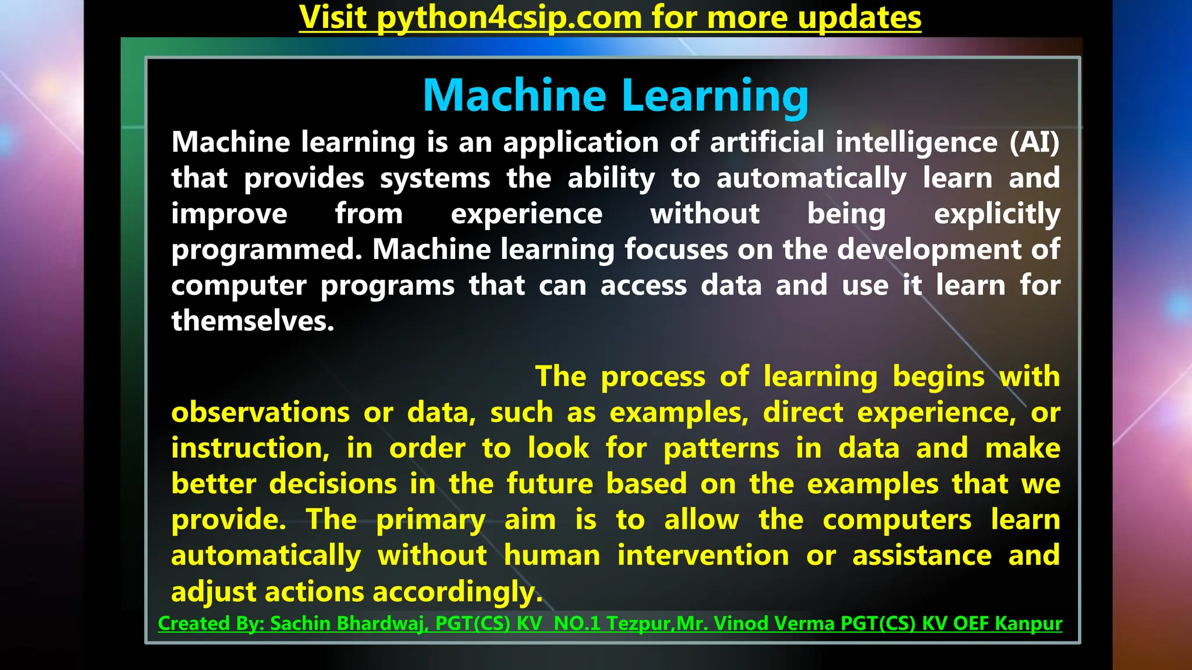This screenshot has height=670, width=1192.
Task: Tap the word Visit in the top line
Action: (x=332, y=17)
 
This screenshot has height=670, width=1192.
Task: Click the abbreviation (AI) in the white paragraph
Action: (x=1034, y=142)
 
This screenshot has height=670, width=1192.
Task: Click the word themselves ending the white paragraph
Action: (x=252, y=321)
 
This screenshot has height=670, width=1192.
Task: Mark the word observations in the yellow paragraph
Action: (x=260, y=413)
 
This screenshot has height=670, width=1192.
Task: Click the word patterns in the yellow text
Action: (x=721, y=448)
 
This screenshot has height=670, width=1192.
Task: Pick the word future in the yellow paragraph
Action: (x=549, y=484)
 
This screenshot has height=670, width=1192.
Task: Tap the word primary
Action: (x=430, y=520)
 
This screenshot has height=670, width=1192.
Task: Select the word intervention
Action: (x=703, y=555)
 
